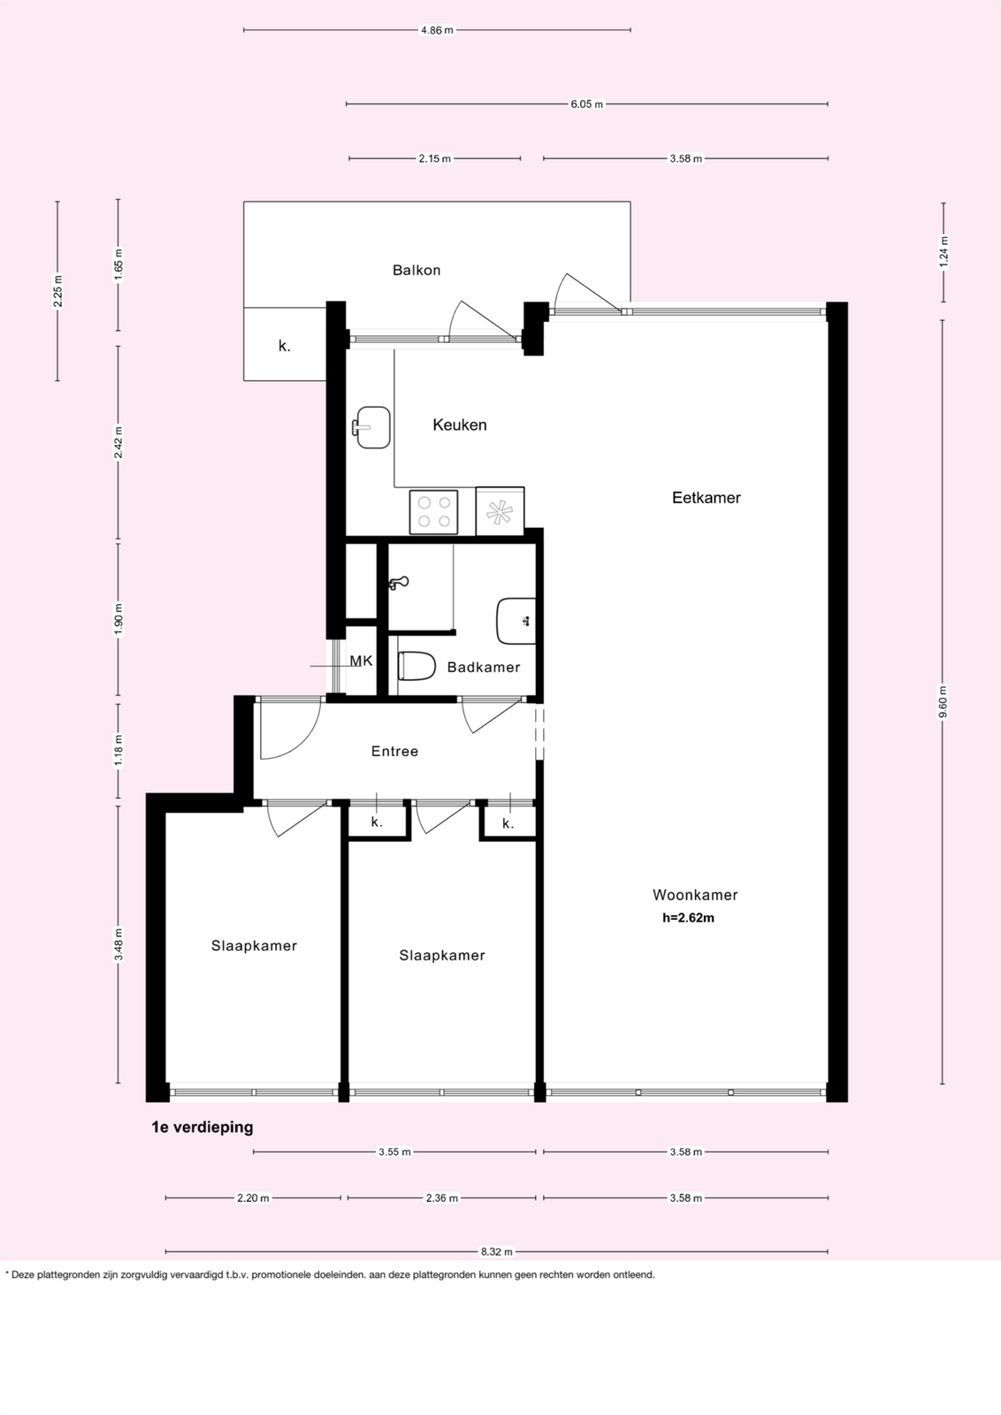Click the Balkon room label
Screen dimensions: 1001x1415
pos(416,271)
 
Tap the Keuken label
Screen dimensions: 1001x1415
pos(460,425)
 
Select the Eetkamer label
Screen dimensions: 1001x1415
pos(706,498)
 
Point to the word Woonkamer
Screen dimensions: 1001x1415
pos(695,895)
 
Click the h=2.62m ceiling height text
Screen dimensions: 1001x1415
pos(688,918)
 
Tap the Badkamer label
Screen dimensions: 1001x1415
pos(484,667)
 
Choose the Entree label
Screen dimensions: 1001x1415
pos(394,751)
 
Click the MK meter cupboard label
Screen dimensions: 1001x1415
pos(362,661)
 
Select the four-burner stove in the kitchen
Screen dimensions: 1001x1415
pos(434,512)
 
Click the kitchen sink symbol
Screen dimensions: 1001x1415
pos(371,428)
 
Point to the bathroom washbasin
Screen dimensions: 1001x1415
pos(516,622)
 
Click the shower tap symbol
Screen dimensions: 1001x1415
pos(399,583)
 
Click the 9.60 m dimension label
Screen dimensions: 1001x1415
pos(943,702)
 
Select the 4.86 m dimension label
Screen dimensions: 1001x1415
pos(437,30)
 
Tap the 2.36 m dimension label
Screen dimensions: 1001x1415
pos(441,1197)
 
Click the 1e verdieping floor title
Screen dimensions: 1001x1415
pos(202,1127)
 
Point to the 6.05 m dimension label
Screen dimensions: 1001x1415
pos(586,104)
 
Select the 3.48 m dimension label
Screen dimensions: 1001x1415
pos(118,945)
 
